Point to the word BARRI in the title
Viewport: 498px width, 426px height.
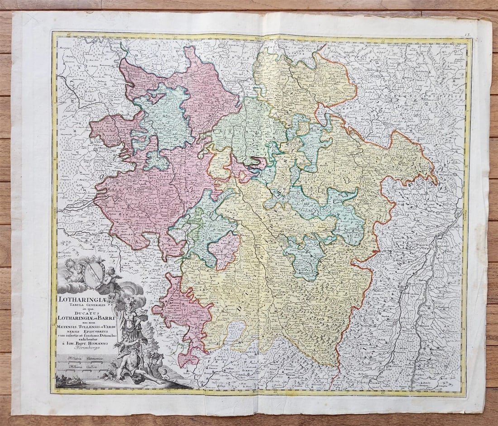[x=106, y=318]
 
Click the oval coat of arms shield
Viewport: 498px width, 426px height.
[x=94, y=273]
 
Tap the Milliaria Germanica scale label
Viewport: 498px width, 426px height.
[x=81, y=358]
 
